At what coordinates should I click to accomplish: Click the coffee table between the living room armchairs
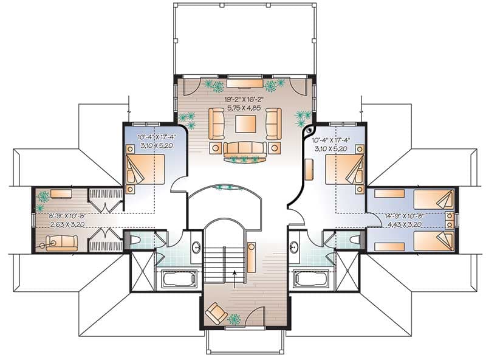[245, 124]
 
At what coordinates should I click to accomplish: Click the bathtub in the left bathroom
[177, 279]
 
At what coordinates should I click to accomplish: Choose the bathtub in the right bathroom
[311, 279]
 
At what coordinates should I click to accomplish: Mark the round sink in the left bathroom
[196, 247]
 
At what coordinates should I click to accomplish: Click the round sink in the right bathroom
[293, 247]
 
